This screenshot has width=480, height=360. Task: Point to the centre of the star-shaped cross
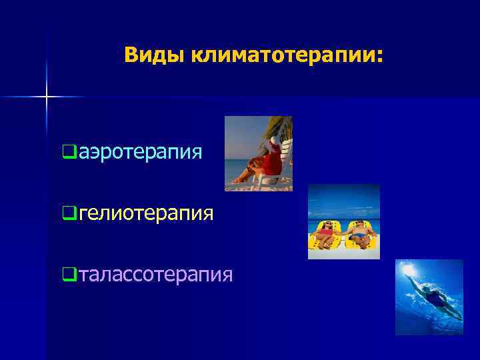47,97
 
